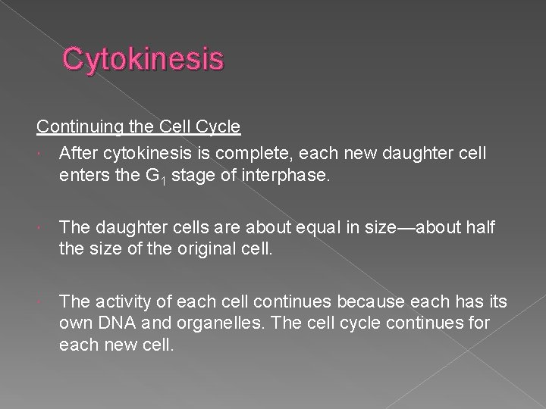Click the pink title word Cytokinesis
[x=143, y=59]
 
